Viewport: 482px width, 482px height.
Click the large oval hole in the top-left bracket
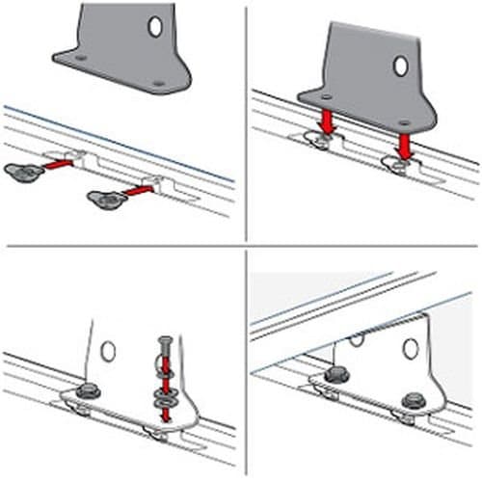point(155,27)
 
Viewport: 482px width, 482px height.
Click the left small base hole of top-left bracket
point(80,58)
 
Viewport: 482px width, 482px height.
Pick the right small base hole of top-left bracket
point(157,84)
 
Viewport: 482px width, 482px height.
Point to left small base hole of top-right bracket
point(324,96)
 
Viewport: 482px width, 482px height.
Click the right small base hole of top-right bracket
point(403,122)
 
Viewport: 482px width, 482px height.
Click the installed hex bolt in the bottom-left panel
point(88,390)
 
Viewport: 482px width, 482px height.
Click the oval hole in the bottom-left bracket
point(108,351)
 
